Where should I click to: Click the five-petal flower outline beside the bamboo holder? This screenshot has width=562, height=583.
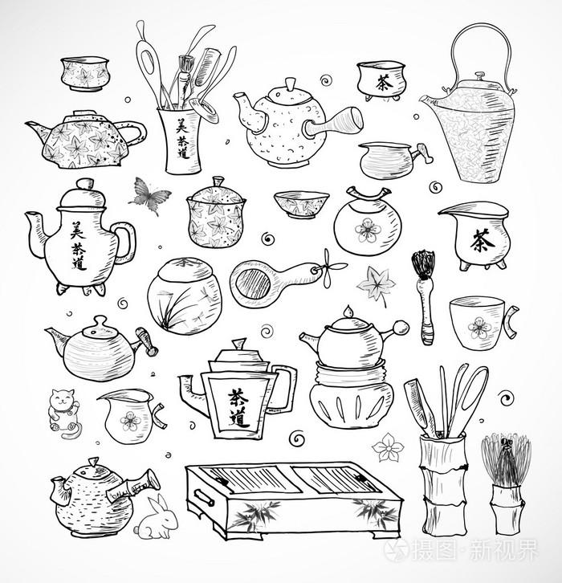(x=387, y=447)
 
